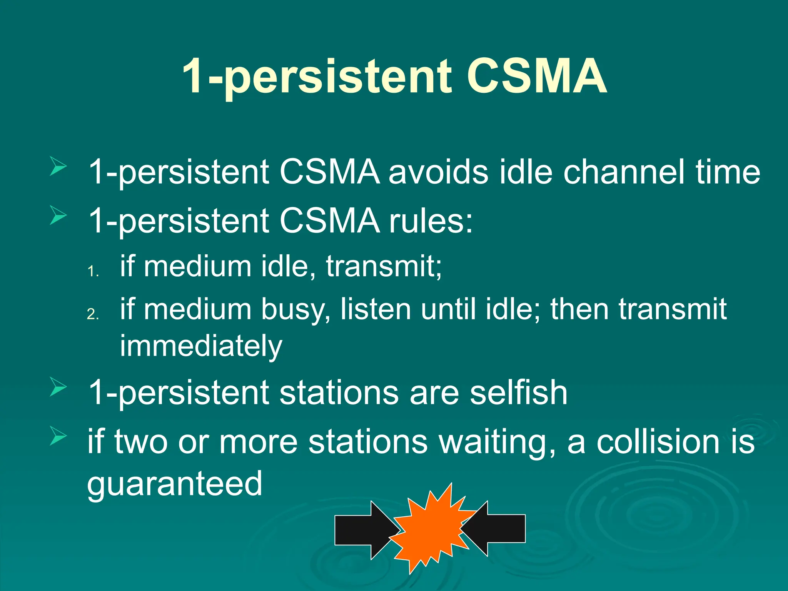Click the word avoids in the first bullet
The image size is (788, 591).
438,172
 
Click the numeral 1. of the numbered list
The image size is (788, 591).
93,272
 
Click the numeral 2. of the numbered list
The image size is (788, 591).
93,314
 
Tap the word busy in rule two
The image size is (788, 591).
295,310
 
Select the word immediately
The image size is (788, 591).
201,346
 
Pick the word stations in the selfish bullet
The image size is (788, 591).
339,393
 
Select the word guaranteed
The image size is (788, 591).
175,484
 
